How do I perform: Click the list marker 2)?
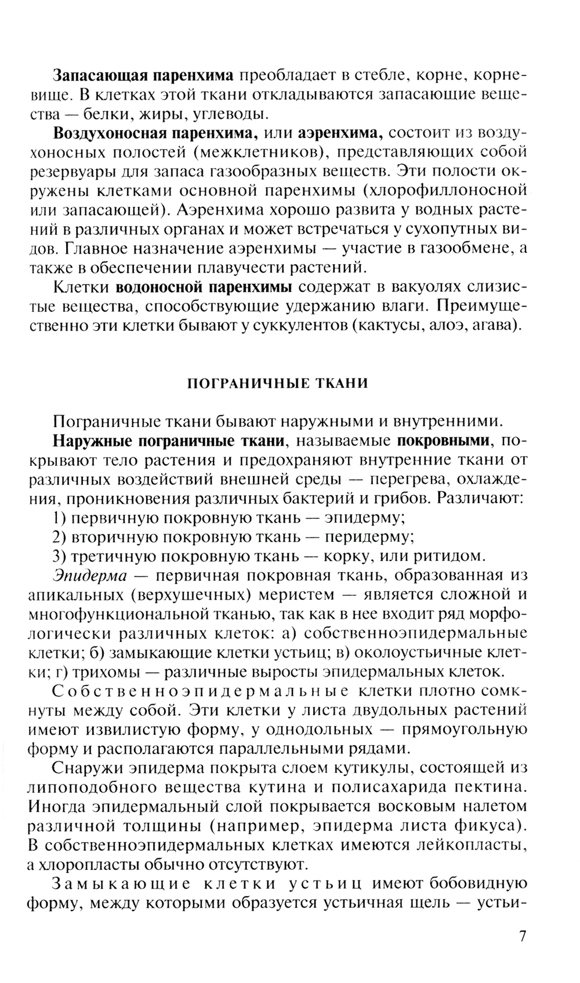pyautogui.click(x=60, y=536)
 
